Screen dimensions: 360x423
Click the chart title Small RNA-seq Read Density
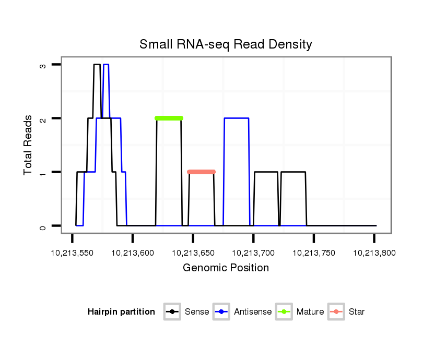(x=226, y=44)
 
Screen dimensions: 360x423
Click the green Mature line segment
(x=169, y=118)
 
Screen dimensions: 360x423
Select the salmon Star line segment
(x=202, y=172)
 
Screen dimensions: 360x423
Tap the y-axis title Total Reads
(x=28, y=145)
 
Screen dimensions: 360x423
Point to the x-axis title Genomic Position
(x=226, y=268)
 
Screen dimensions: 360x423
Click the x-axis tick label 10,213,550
(x=72, y=253)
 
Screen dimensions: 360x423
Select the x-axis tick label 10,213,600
(x=133, y=253)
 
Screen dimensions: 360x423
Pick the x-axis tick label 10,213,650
(x=193, y=253)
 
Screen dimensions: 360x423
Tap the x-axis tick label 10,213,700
(x=253, y=253)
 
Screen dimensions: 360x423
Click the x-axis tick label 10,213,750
(x=314, y=253)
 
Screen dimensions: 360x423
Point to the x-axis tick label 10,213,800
(x=374, y=253)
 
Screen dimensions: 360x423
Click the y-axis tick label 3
(x=43, y=65)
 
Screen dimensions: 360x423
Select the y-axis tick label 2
(x=43, y=118)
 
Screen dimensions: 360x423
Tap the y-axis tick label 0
(x=43, y=226)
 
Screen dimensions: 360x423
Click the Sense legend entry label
(x=197, y=312)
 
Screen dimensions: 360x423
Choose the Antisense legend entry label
(x=253, y=312)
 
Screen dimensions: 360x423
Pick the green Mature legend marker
(x=284, y=312)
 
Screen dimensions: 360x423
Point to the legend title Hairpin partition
(x=121, y=312)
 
